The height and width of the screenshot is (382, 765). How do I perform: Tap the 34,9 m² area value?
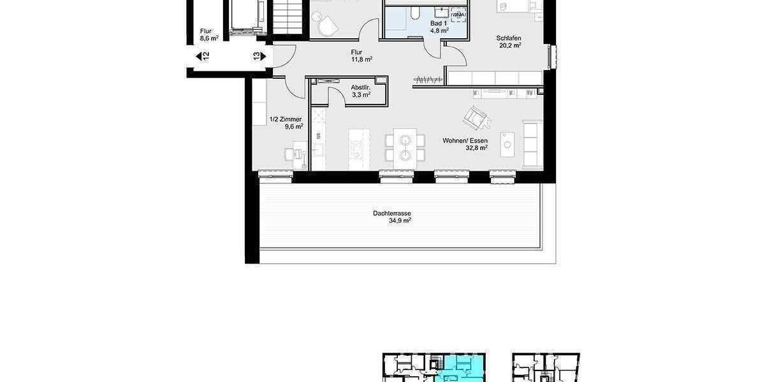click(400, 221)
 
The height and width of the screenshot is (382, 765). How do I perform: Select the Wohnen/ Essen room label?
click(465, 140)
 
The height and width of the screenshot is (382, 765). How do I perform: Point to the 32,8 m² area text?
click(475, 148)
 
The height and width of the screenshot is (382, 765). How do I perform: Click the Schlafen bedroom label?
click(509, 38)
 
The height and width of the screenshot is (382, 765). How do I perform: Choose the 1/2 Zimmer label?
click(285, 119)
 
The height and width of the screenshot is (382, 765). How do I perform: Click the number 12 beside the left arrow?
click(205, 56)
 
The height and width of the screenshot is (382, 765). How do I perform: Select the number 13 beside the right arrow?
click(256, 56)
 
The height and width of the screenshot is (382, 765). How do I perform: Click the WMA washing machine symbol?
click(457, 14)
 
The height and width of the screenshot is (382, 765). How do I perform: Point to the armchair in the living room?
click(476, 117)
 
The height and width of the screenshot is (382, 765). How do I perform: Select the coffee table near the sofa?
click(507, 144)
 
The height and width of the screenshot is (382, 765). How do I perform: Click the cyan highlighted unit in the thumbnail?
click(458, 368)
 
